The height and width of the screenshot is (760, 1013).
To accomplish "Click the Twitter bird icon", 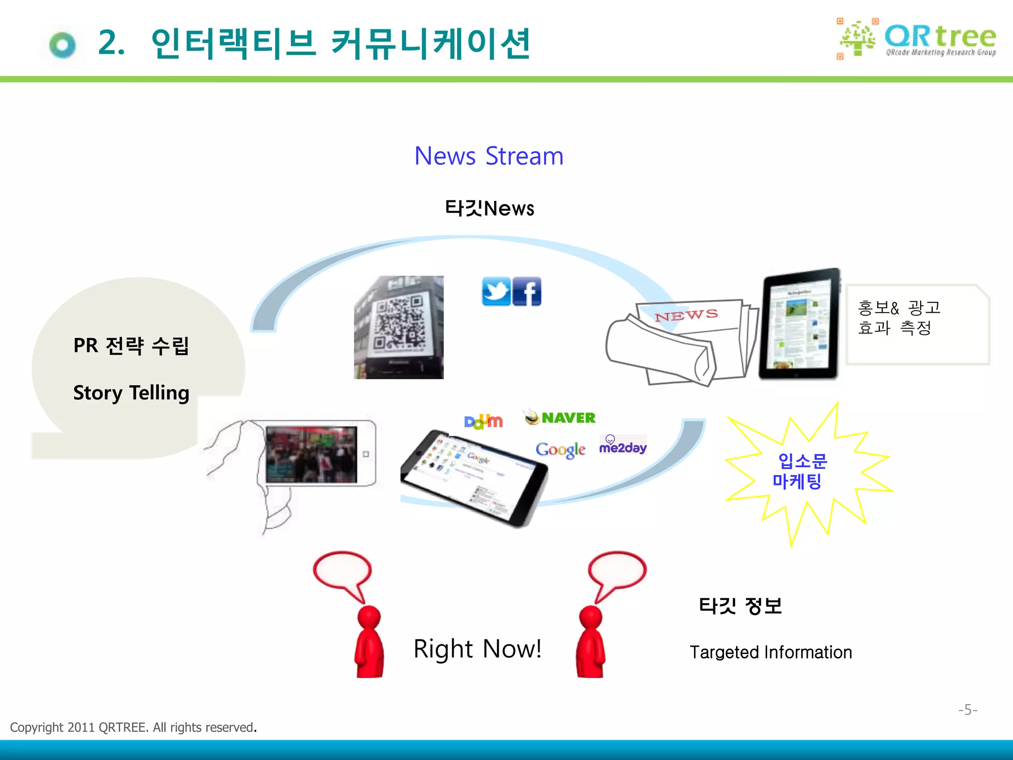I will pyautogui.click(x=496, y=292).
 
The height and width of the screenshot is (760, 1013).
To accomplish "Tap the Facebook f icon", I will pyautogui.click(x=527, y=292).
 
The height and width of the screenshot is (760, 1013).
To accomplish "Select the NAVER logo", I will pyautogui.click(x=560, y=418).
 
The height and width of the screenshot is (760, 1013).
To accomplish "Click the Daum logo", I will pyautogui.click(x=483, y=422).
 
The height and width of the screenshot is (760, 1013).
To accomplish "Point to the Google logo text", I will pyautogui.click(x=560, y=449).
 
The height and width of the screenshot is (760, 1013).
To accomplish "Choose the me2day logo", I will pyautogui.click(x=623, y=445).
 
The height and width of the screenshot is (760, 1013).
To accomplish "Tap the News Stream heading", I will pyautogui.click(x=489, y=156).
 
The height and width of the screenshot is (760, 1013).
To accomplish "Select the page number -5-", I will pyautogui.click(x=967, y=710).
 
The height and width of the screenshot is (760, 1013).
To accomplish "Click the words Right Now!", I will pyautogui.click(x=477, y=649).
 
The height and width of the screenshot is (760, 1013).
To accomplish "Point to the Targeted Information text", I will pyautogui.click(x=771, y=652).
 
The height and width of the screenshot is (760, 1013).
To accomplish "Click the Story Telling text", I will pyautogui.click(x=131, y=393).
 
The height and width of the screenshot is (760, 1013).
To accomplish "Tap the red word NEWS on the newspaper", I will pyautogui.click(x=686, y=315).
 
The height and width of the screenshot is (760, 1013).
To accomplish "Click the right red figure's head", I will pyautogui.click(x=591, y=617).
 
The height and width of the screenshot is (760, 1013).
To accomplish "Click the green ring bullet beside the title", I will pyautogui.click(x=63, y=46).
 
